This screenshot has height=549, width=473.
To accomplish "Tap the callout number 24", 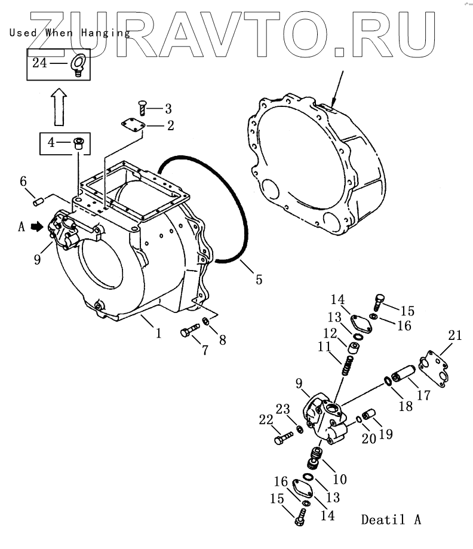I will click(39, 62).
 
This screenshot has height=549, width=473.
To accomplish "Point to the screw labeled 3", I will click(142, 109).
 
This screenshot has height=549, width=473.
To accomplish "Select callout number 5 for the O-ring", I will click(258, 279).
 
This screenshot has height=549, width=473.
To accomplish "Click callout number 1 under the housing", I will click(158, 332).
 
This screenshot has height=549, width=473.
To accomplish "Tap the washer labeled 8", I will click(206, 322).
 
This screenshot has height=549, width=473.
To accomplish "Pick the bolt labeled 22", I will click(281, 440).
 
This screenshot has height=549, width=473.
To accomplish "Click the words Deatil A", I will click(391, 519).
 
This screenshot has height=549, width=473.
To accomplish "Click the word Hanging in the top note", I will click(106, 33).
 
